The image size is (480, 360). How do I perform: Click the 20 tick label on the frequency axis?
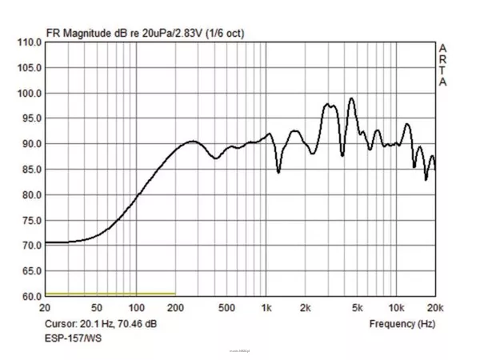click(46, 307)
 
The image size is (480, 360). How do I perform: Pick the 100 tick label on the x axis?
click(136, 307)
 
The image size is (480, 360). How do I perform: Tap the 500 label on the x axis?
click(226, 307)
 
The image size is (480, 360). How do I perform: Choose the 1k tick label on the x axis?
click(266, 307)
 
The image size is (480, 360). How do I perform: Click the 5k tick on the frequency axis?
click(358, 307)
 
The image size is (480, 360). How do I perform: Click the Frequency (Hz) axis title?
click(402, 324)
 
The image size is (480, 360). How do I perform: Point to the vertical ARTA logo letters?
click(442, 65)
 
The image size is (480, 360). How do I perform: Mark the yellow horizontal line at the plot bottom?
click(110, 294)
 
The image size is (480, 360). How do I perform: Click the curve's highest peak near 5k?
click(351, 98)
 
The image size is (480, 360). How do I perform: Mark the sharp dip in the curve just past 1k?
click(278, 171)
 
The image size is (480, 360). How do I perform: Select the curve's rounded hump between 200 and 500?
click(193, 142)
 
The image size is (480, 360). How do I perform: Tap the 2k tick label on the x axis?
click(305, 307)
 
